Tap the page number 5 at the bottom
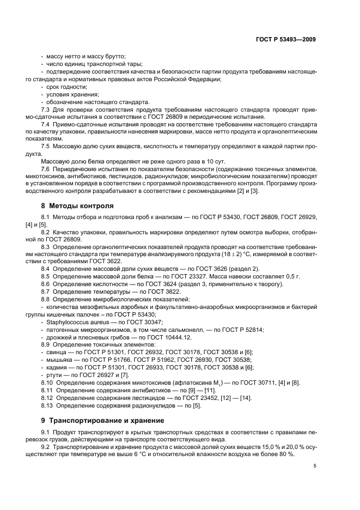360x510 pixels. pyautogui.click(x=315, y=466)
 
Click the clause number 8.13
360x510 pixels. pyautogui.click(x=47, y=406)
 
